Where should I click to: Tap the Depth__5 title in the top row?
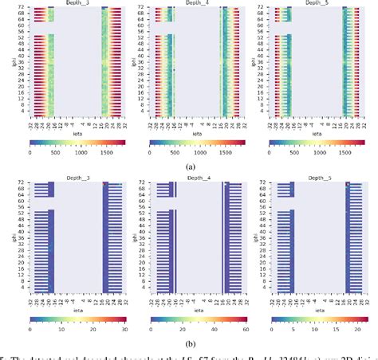[x=317, y=3]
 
